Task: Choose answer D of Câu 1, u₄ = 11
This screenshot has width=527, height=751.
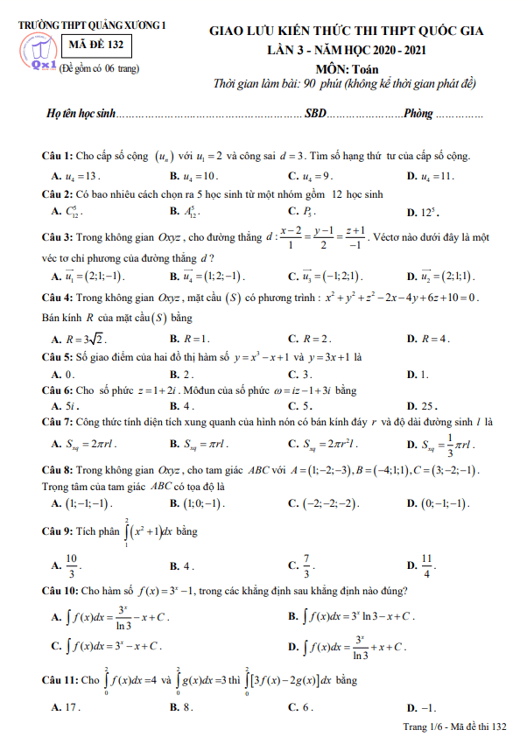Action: pyautogui.click(x=432, y=175)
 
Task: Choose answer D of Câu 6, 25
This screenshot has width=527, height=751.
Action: pyautogui.click(x=430, y=406)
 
